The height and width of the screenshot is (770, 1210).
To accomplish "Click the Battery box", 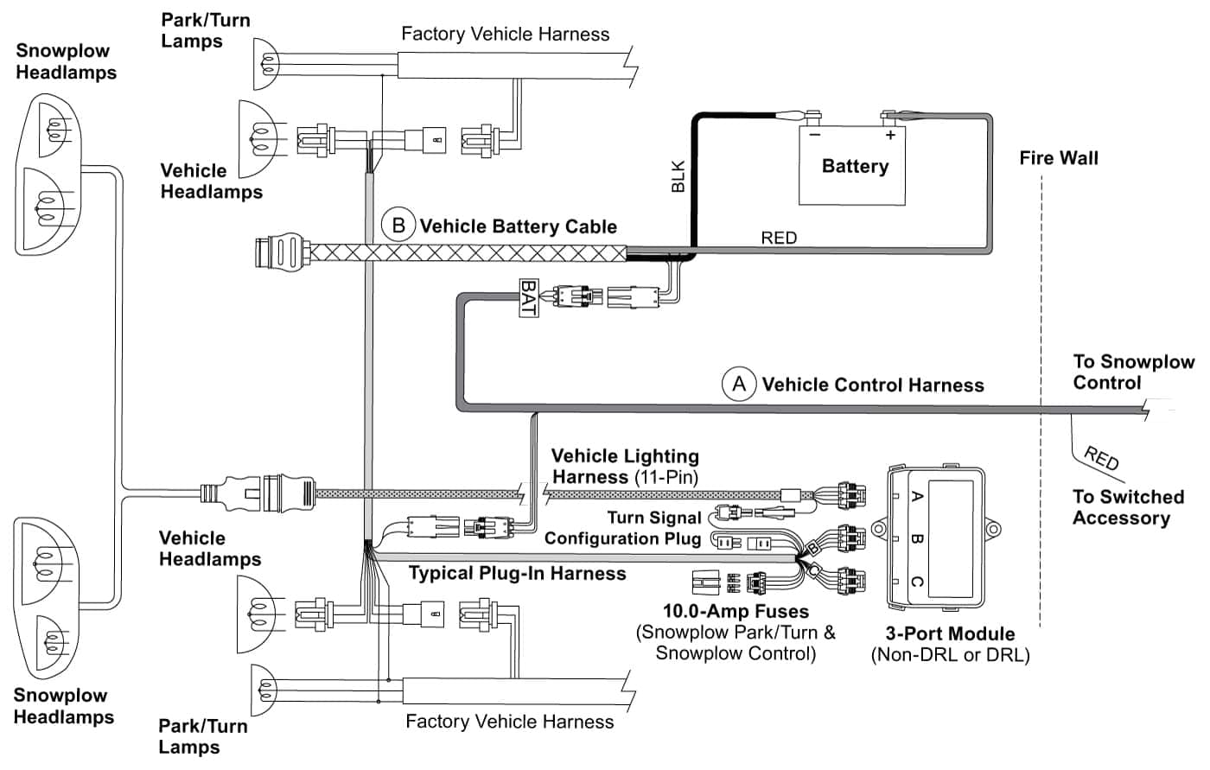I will tap(852, 166).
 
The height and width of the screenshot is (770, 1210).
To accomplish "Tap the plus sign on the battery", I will tap(889, 135).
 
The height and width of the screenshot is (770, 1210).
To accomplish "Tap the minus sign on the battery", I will tap(814, 135).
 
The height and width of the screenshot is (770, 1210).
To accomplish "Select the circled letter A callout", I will tap(739, 384).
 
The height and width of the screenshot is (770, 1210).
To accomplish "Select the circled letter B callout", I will tap(398, 226).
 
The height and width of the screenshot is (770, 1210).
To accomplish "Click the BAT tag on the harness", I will tap(528, 297).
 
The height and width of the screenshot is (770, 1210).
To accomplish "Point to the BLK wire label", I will tap(678, 176).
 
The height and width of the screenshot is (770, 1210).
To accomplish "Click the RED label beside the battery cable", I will tap(779, 238).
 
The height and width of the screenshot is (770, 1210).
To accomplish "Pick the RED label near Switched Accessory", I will tap(1101, 458).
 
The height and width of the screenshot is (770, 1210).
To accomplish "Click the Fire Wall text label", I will tap(1059, 158).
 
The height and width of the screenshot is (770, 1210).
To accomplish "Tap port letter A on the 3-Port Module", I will tap(918, 496).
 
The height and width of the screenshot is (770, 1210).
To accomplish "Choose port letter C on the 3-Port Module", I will tap(918, 581).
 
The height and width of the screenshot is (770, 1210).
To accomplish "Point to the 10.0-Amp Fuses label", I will tap(736, 612).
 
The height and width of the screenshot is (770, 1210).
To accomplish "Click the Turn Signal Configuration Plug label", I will tap(622, 528).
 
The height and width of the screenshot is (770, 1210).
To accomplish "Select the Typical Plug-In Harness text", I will tap(517, 573).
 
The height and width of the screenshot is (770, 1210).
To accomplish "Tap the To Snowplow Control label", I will tap(1133, 372).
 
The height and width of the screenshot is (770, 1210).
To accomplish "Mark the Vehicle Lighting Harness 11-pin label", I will tap(625, 466).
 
